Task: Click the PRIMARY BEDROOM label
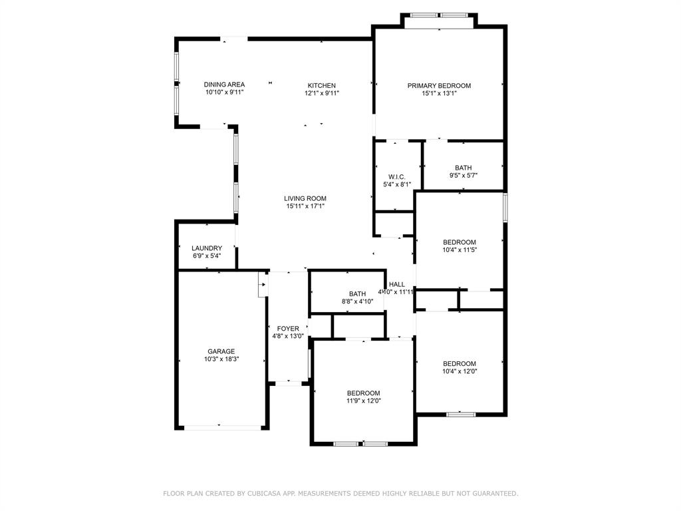(x=439, y=85)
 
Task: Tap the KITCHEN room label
(x=321, y=85)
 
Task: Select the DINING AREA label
(x=224, y=85)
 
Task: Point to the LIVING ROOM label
(x=305, y=198)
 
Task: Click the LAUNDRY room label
(x=206, y=248)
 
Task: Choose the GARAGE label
(x=221, y=351)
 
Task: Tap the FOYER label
(x=288, y=329)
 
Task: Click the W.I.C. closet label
(x=397, y=176)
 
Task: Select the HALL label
(x=397, y=284)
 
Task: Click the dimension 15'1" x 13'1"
(x=439, y=93)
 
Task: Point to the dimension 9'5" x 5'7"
(x=464, y=176)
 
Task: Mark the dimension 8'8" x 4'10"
(x=358, y=301)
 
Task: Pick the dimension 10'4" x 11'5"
(x=460, y=250)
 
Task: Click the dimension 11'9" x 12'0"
(x=363, y=401)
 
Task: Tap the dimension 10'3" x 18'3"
(x=221, y=359)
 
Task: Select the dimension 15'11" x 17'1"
(x=305, y=206)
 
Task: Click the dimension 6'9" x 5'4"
(x=206, y=255)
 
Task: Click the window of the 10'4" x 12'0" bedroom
(x=460, y=414)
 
